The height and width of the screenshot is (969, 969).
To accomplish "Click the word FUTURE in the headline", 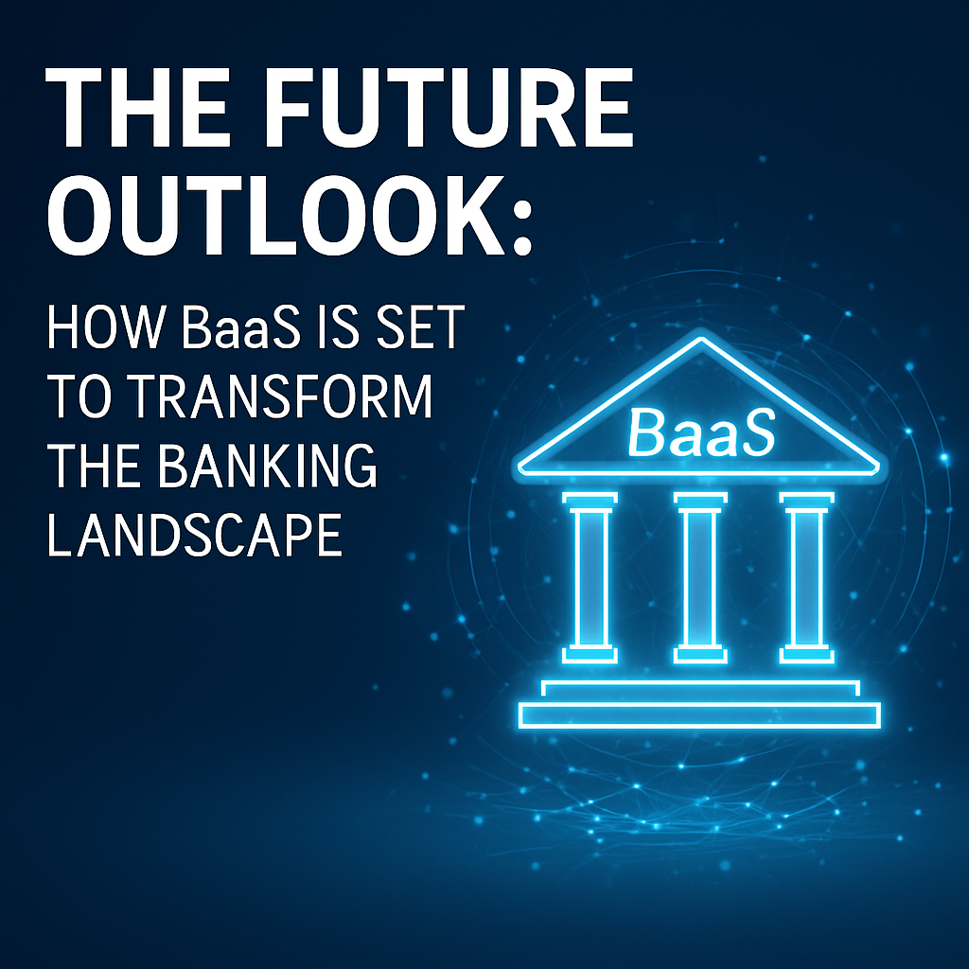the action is [449, 107].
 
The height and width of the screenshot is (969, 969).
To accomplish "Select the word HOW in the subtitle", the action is [106, 326].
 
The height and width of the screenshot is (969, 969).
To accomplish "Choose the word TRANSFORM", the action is [282, 396].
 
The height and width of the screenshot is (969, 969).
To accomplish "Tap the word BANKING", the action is [267, 466].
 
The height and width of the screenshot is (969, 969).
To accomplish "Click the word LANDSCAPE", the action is [195, 535].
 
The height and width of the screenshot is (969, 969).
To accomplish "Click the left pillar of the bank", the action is [590, 577].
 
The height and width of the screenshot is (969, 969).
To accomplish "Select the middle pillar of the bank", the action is [700, 577].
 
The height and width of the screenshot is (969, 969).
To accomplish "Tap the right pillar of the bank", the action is [807, 577].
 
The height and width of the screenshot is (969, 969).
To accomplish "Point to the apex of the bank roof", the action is [701, 338].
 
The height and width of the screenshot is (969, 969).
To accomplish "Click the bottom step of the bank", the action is [699, 715].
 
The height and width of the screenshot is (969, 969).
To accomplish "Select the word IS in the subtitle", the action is [338, 326].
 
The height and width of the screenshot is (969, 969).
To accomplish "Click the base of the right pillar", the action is [807, 655].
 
